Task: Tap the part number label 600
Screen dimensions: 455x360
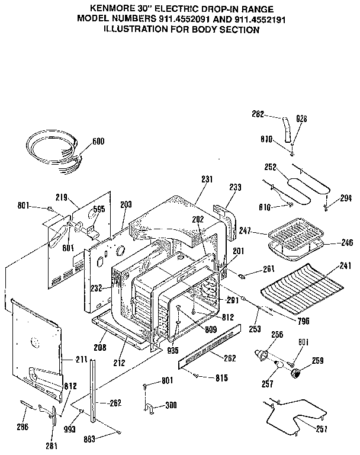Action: click(98, 142)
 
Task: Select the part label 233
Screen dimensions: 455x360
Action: click(236, 187)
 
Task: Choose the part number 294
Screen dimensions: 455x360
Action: click(346, 198)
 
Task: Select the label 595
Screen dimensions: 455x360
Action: click(99, 209)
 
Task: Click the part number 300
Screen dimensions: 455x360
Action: click(171, 405)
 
